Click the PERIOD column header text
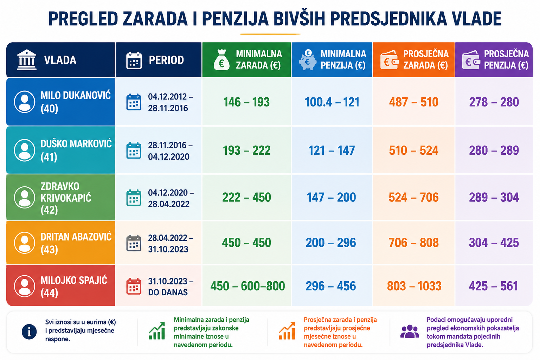pyautogui.click(x=166, y=60)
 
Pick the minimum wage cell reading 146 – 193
pyautogui.click(x=246, y=102)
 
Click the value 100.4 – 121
pyautogui.click(x=332, y=102)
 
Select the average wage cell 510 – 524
pyautogui.click(x=414, y=150)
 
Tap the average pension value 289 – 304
pyautogui.click(x=494, y=197)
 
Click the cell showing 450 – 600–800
pyautogui.click(x=247, y=286)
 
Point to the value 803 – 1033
pyautogui.click(x=414, y=286)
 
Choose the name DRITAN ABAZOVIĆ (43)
pyautogui.click(x=76, y=243)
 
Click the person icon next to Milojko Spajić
pyautogui.click(x=25, y=286)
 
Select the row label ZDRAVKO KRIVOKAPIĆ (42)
pyautogui.click(x=66, y=198)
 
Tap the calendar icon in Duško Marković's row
pyautogui.click(x=134, y=150)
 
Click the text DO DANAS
pyautogui.click(x=168, y=292)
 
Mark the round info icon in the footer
pyautogui.click(x=29, y=332)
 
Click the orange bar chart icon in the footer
pyautogui.click(x=287, y=330)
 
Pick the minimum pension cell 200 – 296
pyautogui.click(x=331, y=243)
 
